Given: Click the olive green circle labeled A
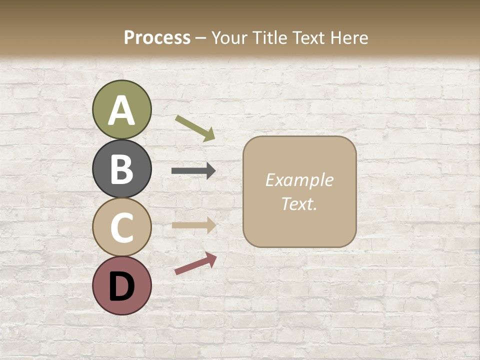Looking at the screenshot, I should pyautogui.click(x=121, y=109).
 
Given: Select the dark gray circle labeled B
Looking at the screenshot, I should pyautogui.click(x=121, y=168).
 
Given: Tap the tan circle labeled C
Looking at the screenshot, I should pyautogui.click(x=121, y=227).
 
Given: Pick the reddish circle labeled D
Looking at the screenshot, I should pyautogui.click(x=121, y=285).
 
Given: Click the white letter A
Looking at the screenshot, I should pyautogui.click(x=121, y=110).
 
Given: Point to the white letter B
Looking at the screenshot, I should pyautogui.click(x=121, y=169).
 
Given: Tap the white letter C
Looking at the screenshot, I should pyautogui.click(x=121, y=227).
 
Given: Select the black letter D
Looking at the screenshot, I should pyautogui.click(x=121, y=286).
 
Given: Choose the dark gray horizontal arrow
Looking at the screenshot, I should pyautogui.click(x=193, y=171).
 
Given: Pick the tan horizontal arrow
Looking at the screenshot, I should pyautogui.click(x=193, y=225).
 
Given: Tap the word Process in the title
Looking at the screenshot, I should pyautogui.click(x=157, y=37).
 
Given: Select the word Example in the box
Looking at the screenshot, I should pyautogui.click(x=299, y=180).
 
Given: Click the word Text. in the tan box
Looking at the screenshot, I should pyautogui.click(x=299, y=203).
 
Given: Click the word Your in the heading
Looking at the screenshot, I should pyautogui.click(x=228, y=37).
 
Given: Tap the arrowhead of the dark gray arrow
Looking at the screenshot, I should pyautogui.click(x=211, y=171).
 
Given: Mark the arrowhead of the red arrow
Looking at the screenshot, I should pyautogui.click(x=211, y=258).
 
